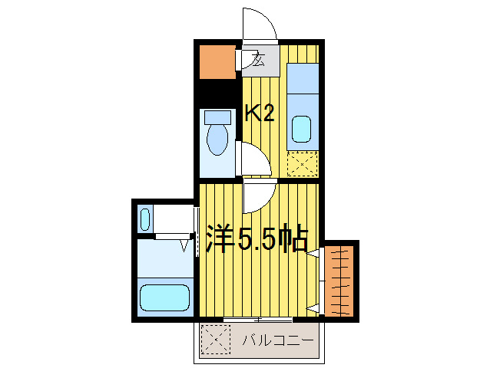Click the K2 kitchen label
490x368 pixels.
coord(260,113)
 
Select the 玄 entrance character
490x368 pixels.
coord(259,61)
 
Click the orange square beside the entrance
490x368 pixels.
coord(217,62)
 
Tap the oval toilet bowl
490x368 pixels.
coord(218,140)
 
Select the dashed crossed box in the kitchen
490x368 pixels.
coord(302,164)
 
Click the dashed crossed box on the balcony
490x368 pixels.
coord(216,338)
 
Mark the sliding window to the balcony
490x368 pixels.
coord(258,318)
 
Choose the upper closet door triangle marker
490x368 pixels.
coord(313,252)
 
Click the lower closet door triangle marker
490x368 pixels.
coord(313,307)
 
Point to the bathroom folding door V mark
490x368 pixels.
coord(185,245)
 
